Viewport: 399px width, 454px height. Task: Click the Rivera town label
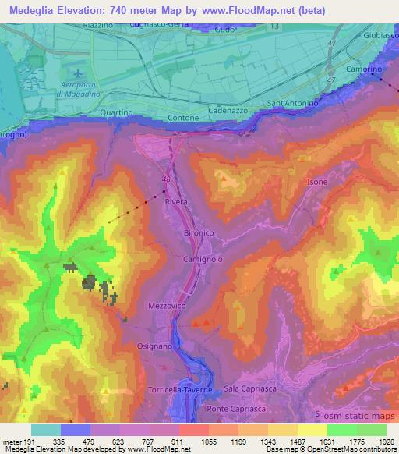[176, 202]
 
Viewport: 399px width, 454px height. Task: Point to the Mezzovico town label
[168, 307]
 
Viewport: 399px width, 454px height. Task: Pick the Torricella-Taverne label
[179, 388]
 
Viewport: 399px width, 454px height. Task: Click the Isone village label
[317, 182]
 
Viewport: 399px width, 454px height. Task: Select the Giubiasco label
[380, 36]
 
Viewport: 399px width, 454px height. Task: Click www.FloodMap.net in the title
[241, 10]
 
